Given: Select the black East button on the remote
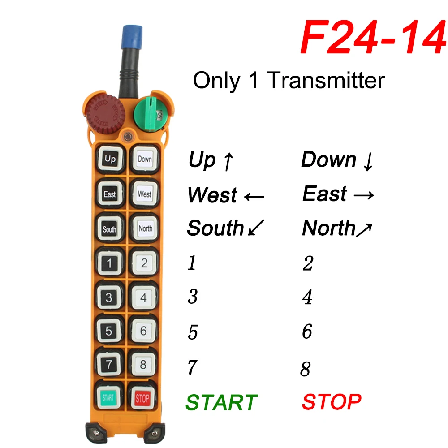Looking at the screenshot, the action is [x=109, y=194].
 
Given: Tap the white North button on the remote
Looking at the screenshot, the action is [x=145, y=228].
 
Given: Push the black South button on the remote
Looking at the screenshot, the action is [x=109, y=229].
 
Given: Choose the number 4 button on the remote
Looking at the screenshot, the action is [x=143, y=297].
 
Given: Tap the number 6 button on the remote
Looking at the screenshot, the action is [x=143, y=331].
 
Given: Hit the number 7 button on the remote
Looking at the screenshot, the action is [x=109, y=364].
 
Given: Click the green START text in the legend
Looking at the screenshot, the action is [x=222, y=403].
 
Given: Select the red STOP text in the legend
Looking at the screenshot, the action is [x=332, y=402].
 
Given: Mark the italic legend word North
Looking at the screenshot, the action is [x=329, y=228].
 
